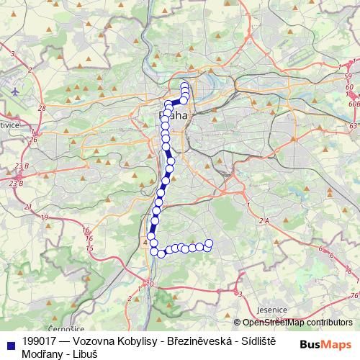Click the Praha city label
173,115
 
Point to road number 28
42,107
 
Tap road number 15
89,248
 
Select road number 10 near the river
150,284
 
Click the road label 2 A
263,221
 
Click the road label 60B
351,104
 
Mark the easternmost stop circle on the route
210,243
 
